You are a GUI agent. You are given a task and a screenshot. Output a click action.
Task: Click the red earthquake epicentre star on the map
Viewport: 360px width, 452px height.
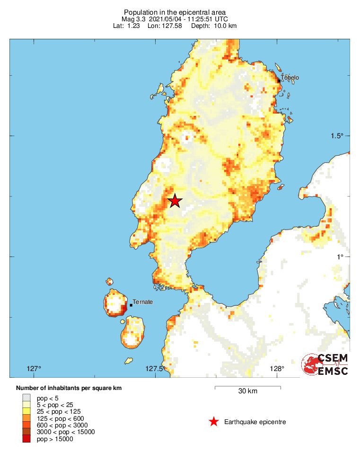pos(175,201)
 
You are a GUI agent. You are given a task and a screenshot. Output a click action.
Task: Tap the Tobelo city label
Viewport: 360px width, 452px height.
pos(290,78)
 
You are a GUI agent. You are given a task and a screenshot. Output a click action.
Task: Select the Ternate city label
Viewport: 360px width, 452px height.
pos(142,301)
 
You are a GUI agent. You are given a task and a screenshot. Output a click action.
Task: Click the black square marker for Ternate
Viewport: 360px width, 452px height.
pos(131,305)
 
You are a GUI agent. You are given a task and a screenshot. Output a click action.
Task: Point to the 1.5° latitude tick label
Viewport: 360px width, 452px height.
pos(337,136)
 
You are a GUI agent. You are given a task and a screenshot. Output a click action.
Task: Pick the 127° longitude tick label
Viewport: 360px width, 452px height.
pos(34,369)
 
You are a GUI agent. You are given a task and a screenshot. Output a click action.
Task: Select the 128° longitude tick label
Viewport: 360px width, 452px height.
pos(277,369)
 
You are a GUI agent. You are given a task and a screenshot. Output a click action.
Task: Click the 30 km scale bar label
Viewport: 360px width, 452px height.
pos(248,391)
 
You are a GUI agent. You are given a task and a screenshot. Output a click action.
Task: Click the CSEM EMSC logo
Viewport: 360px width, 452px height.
pos(325,364)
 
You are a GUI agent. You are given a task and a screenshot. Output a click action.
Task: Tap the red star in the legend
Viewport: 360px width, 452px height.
pos(214,422)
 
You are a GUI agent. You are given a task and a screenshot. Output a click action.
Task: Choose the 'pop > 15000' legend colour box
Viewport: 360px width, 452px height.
pos(26,439)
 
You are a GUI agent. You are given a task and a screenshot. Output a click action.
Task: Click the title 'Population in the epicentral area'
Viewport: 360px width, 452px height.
pos(175,12)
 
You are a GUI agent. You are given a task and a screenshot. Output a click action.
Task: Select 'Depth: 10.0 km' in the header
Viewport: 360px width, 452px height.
pos(214,26)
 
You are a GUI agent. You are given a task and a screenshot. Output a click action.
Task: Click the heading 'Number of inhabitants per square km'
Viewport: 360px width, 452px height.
pos(69,388)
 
